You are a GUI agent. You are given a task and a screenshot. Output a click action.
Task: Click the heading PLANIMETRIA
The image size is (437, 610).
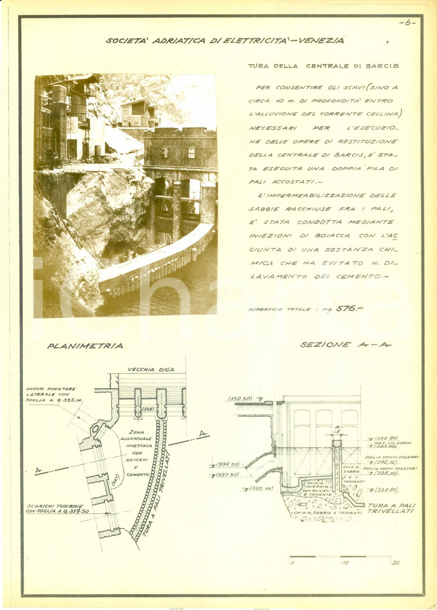tap(85, 346)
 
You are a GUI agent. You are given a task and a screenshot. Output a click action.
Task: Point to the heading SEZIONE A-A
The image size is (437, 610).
tap(345, 345)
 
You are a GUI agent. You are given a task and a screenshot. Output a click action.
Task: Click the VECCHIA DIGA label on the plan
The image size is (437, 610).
tap(151, 369)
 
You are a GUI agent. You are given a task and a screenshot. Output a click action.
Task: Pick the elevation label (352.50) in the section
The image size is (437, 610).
tap(240, 399)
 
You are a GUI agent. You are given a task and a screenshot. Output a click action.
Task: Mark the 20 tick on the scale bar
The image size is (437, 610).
tap(395, 563)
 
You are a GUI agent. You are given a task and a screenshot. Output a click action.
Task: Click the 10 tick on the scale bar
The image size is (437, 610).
tap(345, 563)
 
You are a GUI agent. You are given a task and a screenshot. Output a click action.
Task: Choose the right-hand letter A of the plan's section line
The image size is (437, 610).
tap(202, 434)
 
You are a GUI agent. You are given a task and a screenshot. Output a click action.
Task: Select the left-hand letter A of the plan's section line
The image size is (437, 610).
tap(38, 470)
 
